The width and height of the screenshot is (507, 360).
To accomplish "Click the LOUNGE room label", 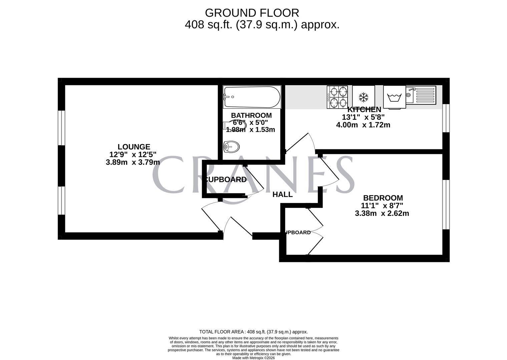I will tap(134, 147).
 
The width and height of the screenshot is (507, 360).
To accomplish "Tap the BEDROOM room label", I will tap(383, 198).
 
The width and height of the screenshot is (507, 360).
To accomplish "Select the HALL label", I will tap(283, 194).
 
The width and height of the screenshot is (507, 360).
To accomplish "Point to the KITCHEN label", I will tap(364, 110).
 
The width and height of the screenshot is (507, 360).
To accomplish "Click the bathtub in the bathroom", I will tap(252, 97).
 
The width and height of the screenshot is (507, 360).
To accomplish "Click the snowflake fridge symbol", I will tap(363, 97).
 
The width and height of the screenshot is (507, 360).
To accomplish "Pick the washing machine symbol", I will tap(394, 98).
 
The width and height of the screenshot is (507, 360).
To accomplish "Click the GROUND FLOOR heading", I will tap(252, 13).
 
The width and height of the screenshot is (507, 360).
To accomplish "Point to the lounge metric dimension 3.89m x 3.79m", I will tap(133, 162).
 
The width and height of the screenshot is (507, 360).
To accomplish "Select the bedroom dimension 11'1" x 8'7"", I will tap(382, 206).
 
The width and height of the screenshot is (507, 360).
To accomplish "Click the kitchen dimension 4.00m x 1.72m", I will tap(363, 125).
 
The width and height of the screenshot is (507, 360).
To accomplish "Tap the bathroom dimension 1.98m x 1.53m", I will tap(250, 130).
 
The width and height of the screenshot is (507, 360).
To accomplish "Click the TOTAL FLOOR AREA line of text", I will tap(253, 332).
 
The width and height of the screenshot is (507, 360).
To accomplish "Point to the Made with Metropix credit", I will tap(253, 358).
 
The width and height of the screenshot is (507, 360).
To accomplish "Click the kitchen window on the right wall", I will tap(446, 118).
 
